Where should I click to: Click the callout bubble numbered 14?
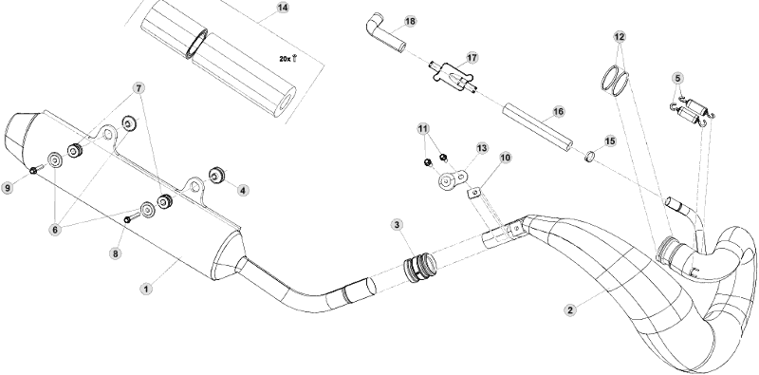click(283, 8)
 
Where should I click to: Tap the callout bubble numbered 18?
click(410, 21)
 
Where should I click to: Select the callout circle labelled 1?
click(146, 290)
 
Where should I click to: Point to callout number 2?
click(570, 310)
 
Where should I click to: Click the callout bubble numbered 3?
click(397, 224)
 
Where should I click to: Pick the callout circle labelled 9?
click(8, 188)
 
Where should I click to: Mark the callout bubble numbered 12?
click(620, 36)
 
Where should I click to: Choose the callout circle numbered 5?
click(677, 78)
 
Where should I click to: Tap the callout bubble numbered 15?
click(610, 141)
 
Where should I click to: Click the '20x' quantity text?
click(286, 59)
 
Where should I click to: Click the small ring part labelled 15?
click(589, 157)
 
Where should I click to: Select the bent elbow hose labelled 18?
click(385, 34)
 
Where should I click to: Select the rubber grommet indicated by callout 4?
click(216, 175)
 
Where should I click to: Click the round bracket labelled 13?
click(453, 178)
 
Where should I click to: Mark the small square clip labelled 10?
click(474, 193)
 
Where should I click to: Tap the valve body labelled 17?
click(454, 77)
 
